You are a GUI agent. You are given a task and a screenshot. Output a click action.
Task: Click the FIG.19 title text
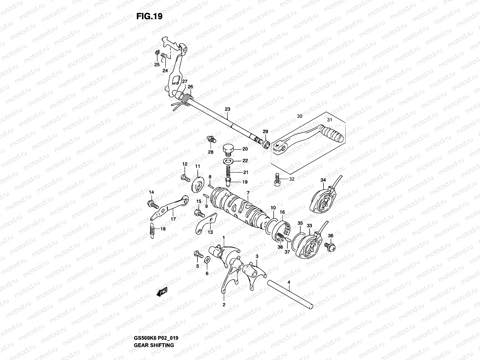(149, 16)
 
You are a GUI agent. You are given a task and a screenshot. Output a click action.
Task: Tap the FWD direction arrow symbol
(161, 292)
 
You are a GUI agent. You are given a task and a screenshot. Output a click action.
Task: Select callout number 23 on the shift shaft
(227, 109)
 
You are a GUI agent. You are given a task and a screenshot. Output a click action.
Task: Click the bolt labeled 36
(331, 246)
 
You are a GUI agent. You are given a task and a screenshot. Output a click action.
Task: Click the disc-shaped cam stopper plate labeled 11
(197, 183)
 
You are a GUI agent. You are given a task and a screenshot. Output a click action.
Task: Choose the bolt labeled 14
(152, 205)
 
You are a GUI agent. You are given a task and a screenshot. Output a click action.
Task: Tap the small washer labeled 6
(207, 259)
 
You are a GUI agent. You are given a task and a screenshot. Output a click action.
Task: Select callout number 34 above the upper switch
(323, 180)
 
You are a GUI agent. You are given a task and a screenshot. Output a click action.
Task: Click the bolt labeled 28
(211, 139)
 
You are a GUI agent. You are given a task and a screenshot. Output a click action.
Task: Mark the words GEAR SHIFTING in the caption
(154, 345)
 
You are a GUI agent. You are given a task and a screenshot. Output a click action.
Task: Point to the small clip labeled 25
(157, 53)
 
